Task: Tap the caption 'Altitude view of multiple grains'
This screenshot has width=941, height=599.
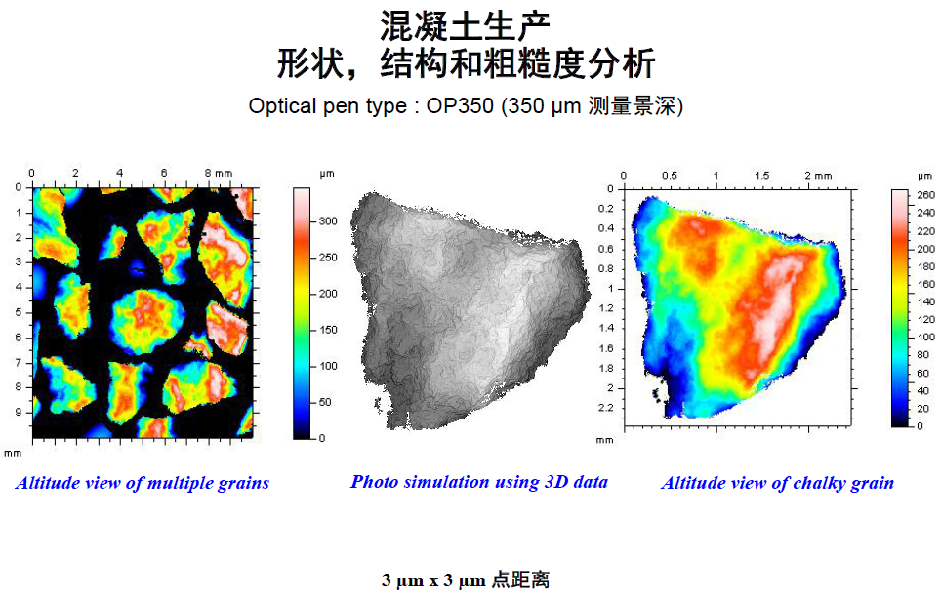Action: [x=143, y=483]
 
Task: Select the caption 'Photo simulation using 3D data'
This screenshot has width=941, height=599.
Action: [x=479, y=482]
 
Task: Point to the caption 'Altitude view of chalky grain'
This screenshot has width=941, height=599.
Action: [x=777, y=483]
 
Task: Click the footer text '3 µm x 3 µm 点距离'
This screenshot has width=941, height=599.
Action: [x=466, y=580]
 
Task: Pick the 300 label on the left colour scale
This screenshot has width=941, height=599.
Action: [x=328, y=221]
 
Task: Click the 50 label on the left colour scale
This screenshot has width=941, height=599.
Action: [x=325, y=402]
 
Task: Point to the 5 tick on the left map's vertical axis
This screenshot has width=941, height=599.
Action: [x=18, y=312]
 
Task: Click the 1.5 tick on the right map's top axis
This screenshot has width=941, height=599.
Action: [x=762, y=175]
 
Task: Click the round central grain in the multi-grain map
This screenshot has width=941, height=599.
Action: [x=145, y=318]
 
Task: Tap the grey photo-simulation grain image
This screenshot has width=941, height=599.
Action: [x=469, y=312]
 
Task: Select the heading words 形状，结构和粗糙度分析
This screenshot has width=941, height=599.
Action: [x=466, y=63]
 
